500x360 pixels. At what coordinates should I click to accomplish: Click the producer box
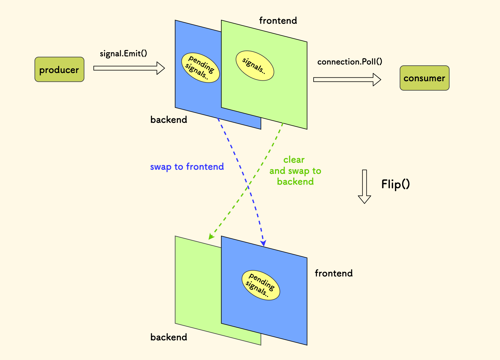point(59,69)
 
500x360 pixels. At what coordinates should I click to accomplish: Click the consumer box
point(424,78)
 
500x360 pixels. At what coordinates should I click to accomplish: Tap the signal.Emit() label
point(123,53)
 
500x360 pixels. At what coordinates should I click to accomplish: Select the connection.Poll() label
point(350,62)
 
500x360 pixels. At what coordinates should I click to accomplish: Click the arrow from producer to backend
point(129,68)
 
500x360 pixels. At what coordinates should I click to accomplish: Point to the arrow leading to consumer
point(347,79)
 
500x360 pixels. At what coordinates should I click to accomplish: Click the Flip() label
point(395,184)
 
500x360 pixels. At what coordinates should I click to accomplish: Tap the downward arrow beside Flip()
point(365,186)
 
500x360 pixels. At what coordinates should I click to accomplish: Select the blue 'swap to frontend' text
point(187,167)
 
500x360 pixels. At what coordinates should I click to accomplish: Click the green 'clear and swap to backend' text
point(295,171)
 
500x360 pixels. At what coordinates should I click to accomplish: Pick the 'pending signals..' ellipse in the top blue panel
point(200,68)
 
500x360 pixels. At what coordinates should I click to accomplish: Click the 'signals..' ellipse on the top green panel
point(255,66)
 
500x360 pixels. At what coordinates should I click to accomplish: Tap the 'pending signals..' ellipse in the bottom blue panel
point(261,285)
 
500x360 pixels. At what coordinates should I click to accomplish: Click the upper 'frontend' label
point(278,21)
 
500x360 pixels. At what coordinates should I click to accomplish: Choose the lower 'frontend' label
point(334,273)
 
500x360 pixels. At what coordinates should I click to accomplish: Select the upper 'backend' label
point(169,120)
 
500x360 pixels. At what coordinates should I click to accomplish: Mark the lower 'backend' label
point(169,337)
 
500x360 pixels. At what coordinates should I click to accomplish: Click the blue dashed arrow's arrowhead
point(263,243)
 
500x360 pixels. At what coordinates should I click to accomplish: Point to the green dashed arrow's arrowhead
point(211,237)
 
